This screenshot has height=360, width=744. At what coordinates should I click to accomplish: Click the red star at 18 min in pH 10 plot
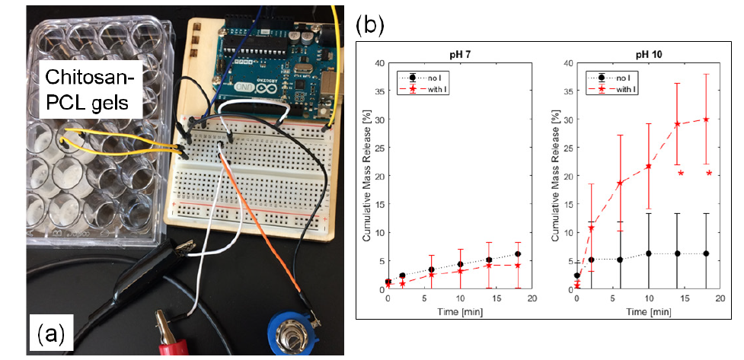pos(707,119)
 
